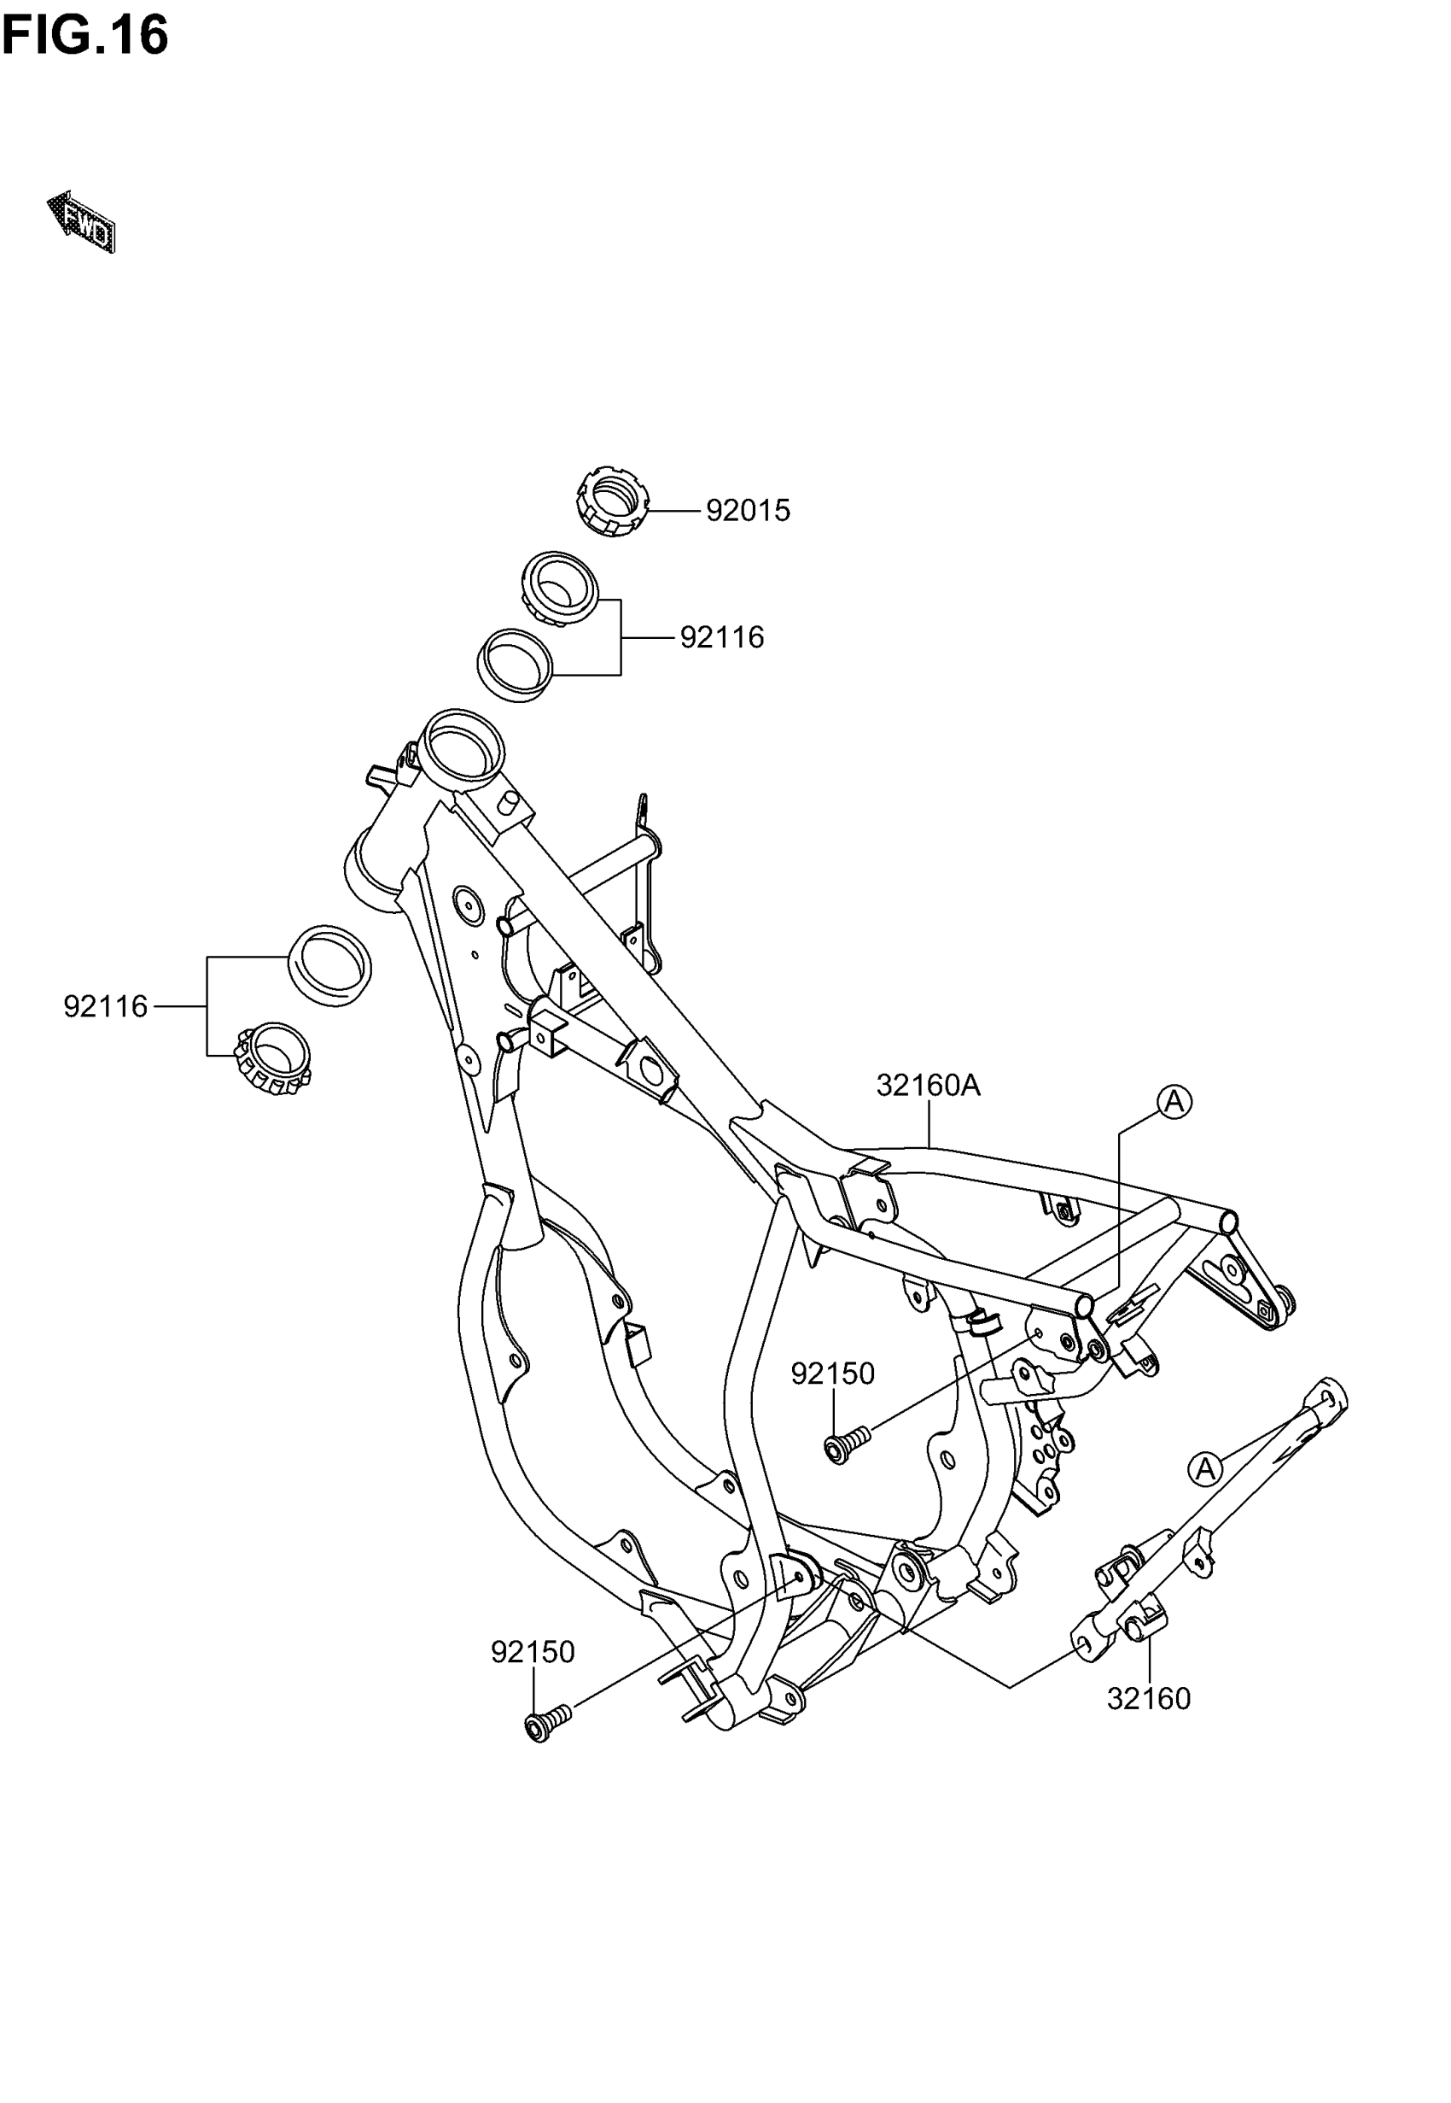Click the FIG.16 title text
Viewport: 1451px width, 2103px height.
(x=84, y=37)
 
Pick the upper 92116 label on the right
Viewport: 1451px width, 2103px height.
(x=722, y=637)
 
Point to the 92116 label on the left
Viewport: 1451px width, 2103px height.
(x=106, y=1007)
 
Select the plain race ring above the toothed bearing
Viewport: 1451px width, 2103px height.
(x=329, y=966)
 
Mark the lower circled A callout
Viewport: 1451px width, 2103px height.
(x=1204, y=1469)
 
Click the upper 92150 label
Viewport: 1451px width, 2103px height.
(x=832, y=1374)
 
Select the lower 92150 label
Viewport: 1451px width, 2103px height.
(x=533, y=1652)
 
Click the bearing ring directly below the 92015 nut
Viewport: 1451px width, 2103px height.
(x=560, y=589)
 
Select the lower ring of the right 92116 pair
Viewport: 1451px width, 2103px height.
(x=516, y=665)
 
